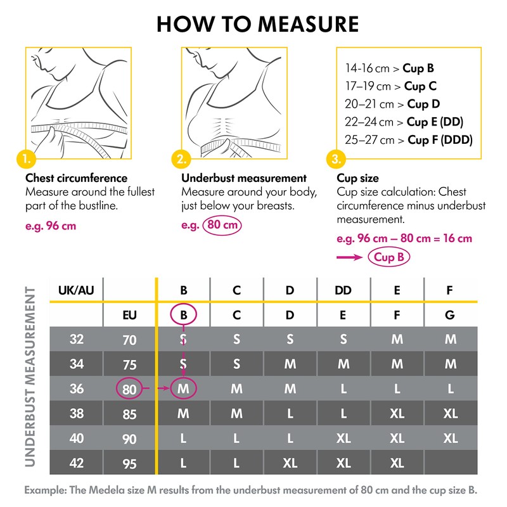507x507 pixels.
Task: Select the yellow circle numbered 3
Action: click(335, 158)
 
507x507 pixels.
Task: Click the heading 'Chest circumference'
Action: click(76, 178)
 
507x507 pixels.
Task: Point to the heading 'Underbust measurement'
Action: click(244, 178)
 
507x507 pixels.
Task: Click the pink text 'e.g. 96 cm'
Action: click(51, 226)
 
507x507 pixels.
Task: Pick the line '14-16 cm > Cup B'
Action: click(389, 67)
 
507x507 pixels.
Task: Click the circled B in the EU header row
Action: click(183, 314)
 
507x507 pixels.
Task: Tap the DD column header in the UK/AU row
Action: click(343, 290)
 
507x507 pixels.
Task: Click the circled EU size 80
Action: click(129, 389)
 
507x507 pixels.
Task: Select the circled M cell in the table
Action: click(183, 388)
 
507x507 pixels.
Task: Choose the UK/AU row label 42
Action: click(77, 463)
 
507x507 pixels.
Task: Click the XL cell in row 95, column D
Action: click(290, 463)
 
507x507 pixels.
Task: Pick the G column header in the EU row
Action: click(451, 314)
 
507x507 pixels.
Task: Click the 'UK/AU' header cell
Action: click(76, 290)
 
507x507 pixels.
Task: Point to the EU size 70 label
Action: click(129, 340)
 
